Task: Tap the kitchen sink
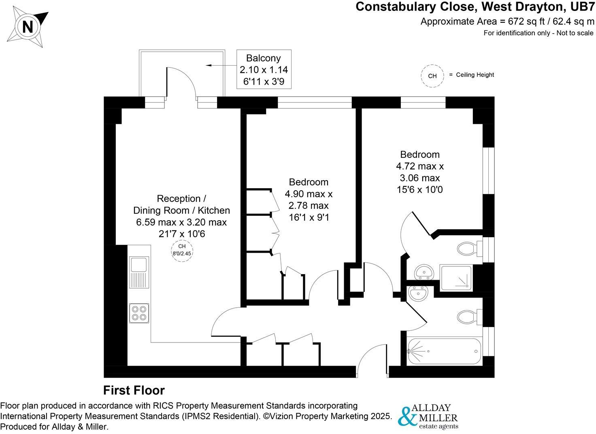[x=139, y=272]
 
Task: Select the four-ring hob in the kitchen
[x=139, y=313]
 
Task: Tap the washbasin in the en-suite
[x=424, y=272]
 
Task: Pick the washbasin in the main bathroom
[x=418, y=294]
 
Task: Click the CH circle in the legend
[x=432, y=76]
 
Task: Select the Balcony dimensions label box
[x=264, y=70]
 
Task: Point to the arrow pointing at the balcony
[x=221, y=65]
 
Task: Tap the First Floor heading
[x=134, y=390]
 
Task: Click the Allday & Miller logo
[x=428, y=417]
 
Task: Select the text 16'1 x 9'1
[x=309, y=217]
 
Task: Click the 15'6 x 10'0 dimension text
[x=419, y=189]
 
